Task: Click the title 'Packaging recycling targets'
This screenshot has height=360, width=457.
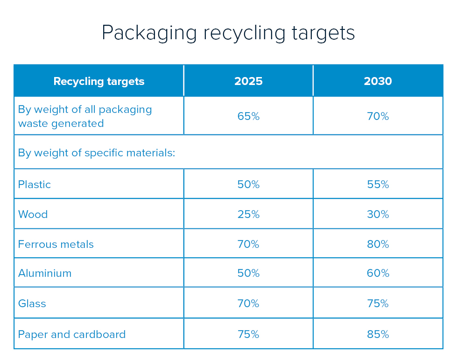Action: click(228, 33)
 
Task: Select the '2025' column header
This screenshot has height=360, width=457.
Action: click(248, 81)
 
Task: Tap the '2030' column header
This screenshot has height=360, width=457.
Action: click(378, 81)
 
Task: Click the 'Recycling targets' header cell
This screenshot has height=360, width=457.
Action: click(99, 81)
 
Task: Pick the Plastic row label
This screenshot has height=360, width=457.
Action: click(35, 184)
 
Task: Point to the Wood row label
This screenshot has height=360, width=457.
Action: click(33, 214)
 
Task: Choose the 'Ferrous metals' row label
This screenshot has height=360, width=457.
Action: click(56, 244)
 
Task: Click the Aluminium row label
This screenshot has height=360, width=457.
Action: click(45, 273)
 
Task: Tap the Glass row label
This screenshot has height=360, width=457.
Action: click(32, 304)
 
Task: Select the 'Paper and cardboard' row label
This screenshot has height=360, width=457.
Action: click(72, 334)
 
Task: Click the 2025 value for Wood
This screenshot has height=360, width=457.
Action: click(248, 214)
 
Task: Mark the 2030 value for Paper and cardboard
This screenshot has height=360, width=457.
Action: click(378, 334)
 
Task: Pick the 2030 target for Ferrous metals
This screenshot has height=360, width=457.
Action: click(378, 244)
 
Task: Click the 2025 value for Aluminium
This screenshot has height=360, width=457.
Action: click(248, 273)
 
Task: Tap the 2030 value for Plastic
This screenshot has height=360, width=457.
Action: click(378, 184)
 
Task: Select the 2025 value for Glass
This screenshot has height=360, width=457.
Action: click(248, 304)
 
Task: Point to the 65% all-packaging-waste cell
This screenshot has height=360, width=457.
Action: click(248, 116)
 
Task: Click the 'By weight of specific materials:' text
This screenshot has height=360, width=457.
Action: click(97, 153)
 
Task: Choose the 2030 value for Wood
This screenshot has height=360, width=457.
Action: click(378, 214)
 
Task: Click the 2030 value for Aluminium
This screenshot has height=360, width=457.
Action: click(378, 273)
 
